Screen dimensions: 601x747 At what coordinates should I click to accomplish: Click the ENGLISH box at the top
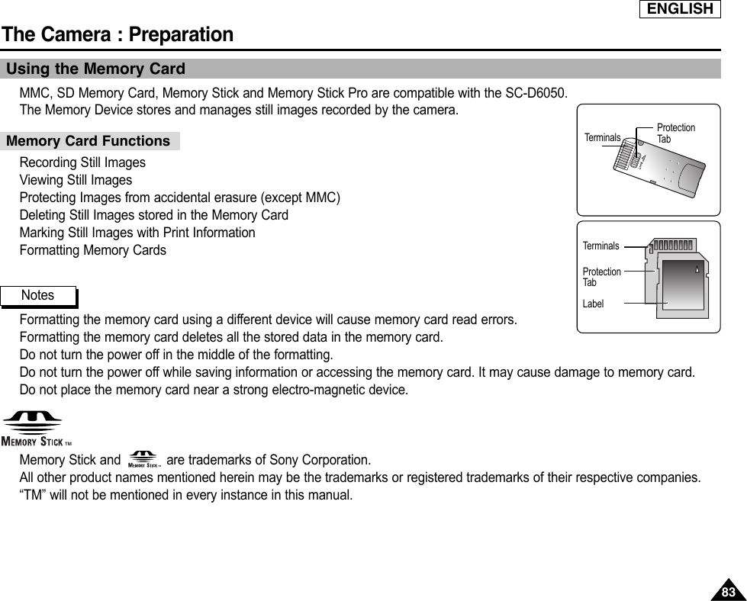click(681, 9)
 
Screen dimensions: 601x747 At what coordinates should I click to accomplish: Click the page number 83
click(729, 592)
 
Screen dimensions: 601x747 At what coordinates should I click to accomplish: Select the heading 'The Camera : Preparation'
click(118, 34)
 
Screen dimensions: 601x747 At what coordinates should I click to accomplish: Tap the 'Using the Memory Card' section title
click(95, 69)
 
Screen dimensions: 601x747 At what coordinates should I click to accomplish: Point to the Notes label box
click(39, 295)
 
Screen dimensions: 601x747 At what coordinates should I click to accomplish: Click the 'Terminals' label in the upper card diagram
click(602, 138)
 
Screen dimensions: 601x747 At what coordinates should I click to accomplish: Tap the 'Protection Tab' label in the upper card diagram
click(675, 133)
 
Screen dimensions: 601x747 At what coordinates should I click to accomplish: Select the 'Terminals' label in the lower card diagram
click(600, 246)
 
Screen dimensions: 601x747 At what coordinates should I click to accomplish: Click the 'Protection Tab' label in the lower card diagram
click(601, 277)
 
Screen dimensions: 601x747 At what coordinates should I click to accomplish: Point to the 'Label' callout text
click(593, 304)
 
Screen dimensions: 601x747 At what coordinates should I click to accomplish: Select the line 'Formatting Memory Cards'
click(92, 250)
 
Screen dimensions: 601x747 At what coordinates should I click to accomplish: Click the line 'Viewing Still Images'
click(76, 181)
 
